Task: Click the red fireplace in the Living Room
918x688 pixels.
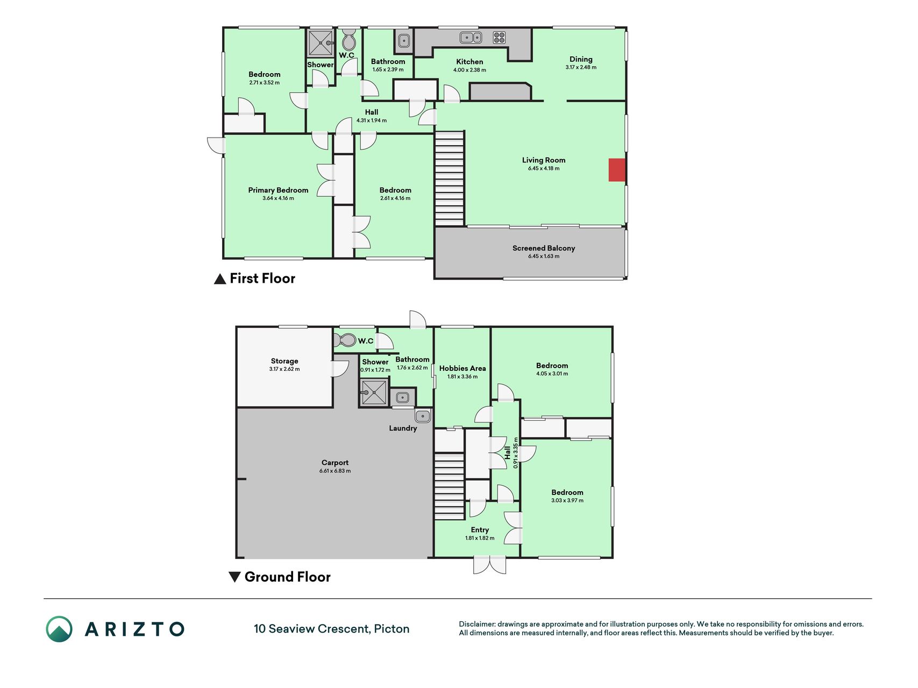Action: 617,170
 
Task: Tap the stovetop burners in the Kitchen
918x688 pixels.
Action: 499,38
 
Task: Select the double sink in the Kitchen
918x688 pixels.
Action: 471,37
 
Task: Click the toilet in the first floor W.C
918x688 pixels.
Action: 348,41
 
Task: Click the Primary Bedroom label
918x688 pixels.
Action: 278,190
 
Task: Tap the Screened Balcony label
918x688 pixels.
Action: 544,248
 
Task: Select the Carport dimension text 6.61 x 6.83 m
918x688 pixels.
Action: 335,471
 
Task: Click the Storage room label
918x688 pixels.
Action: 284,361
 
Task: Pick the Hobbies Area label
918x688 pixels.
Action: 462,368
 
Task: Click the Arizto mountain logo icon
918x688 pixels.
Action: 59,629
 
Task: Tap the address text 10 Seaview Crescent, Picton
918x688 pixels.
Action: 331,629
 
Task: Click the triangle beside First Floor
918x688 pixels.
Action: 219,278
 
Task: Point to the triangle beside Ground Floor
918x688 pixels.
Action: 234,577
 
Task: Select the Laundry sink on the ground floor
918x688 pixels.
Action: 423,416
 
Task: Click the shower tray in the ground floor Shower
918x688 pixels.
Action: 374,392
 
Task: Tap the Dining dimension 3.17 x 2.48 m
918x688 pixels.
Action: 581,67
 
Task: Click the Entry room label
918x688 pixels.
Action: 480,529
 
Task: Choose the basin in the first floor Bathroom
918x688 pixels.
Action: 403,40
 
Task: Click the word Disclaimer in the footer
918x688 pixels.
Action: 477,624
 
